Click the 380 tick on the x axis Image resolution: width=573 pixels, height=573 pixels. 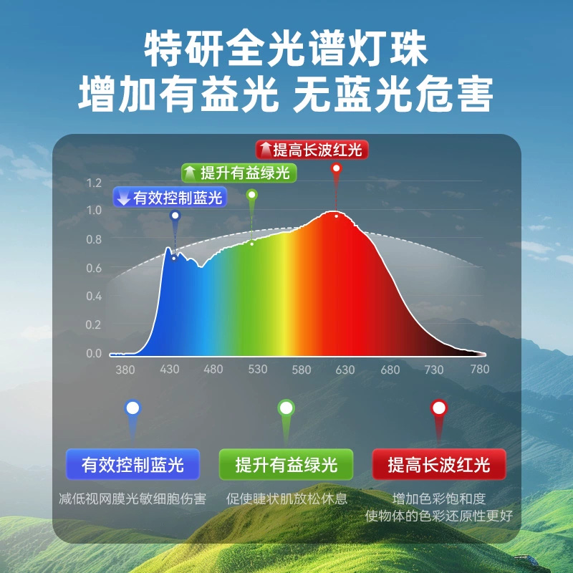tap(125, 370)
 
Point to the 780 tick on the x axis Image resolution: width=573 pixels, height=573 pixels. tap(479, 369)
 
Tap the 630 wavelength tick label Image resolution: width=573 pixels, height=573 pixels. tap(345, 370)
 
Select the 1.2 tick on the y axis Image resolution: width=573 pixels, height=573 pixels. tap(94, 183)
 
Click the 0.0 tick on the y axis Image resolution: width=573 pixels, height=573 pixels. tap(94, 353)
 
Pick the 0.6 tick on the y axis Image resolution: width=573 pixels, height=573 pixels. tap(94, 268)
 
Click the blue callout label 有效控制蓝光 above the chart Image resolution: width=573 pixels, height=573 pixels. tap(170, 198)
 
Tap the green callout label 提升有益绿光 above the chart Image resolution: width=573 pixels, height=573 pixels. tap(239, 173)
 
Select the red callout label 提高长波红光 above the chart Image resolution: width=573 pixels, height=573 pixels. tap(312, 150)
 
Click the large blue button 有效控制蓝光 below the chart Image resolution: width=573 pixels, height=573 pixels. tap(133, 464)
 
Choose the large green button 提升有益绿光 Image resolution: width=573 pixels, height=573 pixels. tap(286, 464)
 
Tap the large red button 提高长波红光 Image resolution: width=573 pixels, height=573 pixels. tap(439, 464)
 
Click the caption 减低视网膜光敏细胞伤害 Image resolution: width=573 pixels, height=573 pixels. tap(133, 499)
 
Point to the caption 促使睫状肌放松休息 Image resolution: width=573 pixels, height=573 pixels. tap(286, 499)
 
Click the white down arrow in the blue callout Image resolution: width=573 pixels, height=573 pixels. tap(123, 198)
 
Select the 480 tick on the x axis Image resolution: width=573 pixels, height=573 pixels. tap(213, 369)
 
